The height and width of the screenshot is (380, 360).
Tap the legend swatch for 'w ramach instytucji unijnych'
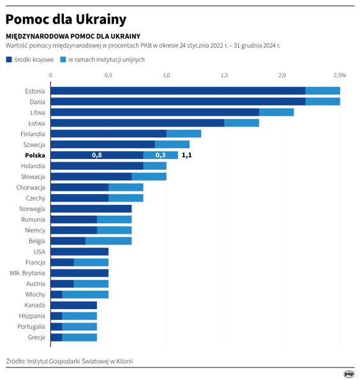[x=64, y=59]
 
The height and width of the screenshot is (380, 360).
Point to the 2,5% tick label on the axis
[x=339, y=75]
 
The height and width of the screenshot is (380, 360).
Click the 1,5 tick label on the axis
[x=224, y=75]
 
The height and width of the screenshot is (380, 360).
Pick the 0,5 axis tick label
[x=108, y=75]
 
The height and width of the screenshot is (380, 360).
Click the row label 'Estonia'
[x=34, y=91]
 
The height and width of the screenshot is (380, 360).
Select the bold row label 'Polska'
[x=34, y=155]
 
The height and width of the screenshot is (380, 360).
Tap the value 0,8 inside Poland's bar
[x=97, y=155]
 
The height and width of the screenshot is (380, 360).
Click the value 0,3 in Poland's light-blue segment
[x=160, y=155]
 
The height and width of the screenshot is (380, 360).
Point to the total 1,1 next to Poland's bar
[x=187, y=155]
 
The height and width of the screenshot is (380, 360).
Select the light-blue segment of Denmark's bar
[x=322, y=102]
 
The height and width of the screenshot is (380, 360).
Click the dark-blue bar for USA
[x=79, y=252]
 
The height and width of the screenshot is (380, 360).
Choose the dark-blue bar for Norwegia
[x=91, y=209]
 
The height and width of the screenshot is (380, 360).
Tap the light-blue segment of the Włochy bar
[x=85, y=294]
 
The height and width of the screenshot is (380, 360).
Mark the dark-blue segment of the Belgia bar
[x=68, y=241]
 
